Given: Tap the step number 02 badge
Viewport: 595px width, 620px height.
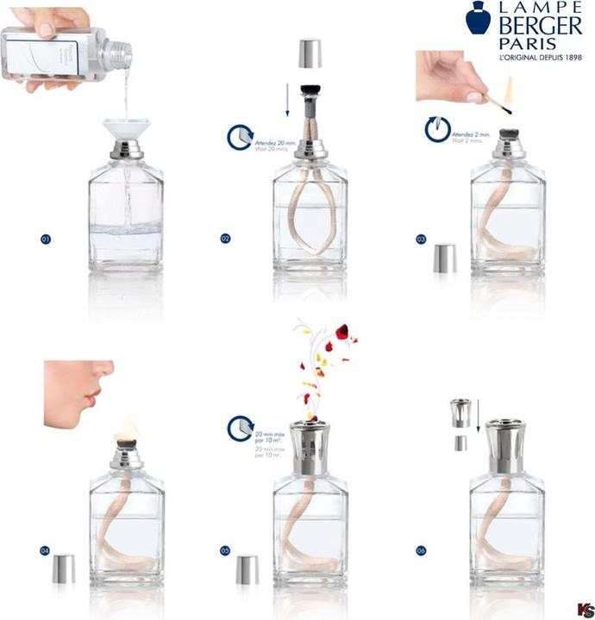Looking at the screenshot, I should [225, 238].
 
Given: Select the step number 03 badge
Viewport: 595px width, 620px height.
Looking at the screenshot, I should [423, 238].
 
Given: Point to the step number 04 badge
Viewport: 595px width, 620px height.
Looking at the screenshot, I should [46, 549].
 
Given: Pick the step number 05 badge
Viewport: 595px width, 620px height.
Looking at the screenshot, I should [225, 549].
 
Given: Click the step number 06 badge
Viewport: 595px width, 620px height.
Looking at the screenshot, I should [422, 549].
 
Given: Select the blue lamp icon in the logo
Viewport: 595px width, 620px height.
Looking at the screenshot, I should [477, 21].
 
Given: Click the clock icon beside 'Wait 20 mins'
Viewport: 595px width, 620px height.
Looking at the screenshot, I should [240, 136].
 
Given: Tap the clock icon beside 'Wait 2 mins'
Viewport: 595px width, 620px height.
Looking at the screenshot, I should [438, 130].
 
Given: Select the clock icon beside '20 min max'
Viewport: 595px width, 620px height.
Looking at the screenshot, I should [240, 429].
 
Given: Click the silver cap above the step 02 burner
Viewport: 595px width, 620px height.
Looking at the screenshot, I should [308, 54].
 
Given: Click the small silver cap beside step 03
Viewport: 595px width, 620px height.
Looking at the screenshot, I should [443, 257].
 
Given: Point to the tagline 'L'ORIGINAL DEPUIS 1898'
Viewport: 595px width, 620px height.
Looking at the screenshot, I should [541, 59].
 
